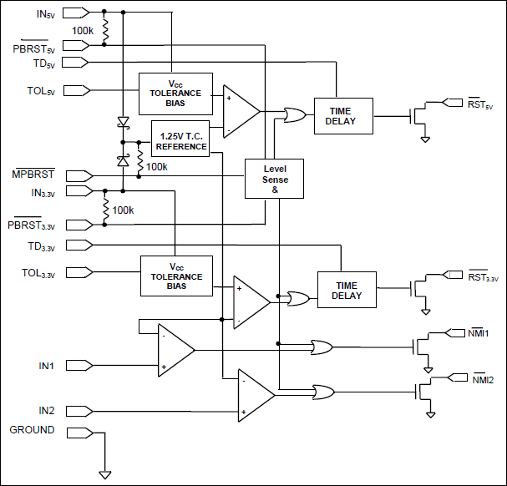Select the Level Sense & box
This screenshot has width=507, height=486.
point(275,179)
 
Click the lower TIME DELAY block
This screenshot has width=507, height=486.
point(347,291)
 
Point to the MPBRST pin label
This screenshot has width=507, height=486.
point(33,175)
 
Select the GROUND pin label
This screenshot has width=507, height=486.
point(32,430)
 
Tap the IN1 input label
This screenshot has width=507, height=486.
point(46,366)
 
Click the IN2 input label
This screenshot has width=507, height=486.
point(46,410)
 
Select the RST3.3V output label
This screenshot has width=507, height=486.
point(482,277)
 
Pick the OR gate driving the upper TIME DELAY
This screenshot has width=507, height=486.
point(295,115)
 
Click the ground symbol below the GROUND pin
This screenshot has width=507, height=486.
point(105,474)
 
